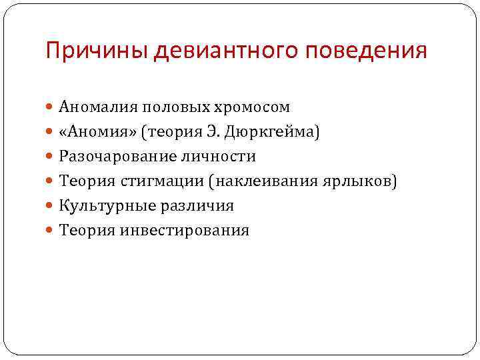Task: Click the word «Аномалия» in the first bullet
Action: [x=94, y=107]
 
